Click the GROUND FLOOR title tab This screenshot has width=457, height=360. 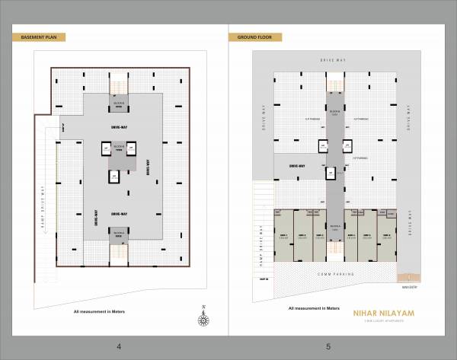[255, 37]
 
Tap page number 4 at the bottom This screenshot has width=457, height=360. [119, 347]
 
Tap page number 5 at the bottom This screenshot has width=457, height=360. [328, 347]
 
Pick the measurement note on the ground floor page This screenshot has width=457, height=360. [313, 308]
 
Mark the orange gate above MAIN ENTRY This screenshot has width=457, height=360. [410, 277]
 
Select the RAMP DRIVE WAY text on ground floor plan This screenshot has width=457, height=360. [260, 243]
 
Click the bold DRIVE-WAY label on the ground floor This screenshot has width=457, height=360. [297, 166]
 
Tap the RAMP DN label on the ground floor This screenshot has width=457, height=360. [263, 280]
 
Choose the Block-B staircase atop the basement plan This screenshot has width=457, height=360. [119, 85]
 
